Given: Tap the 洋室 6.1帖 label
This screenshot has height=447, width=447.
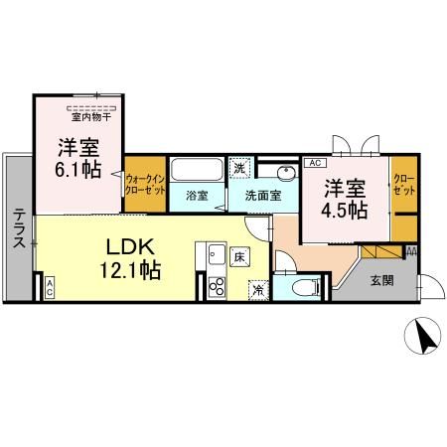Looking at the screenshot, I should click(x=77, y=158).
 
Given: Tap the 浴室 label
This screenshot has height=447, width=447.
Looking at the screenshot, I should click(x=197, y=196).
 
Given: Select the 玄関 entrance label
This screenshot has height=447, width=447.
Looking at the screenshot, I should click(x=380, y=281).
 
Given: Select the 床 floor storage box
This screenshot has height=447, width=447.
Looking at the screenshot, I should click(x=239, y=256).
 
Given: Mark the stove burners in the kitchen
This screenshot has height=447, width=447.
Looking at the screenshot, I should click(x=217, y=288).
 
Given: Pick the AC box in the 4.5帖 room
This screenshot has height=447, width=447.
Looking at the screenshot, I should click(x=312, y=162).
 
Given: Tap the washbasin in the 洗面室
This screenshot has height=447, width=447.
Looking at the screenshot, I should click(x=284, y=171).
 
